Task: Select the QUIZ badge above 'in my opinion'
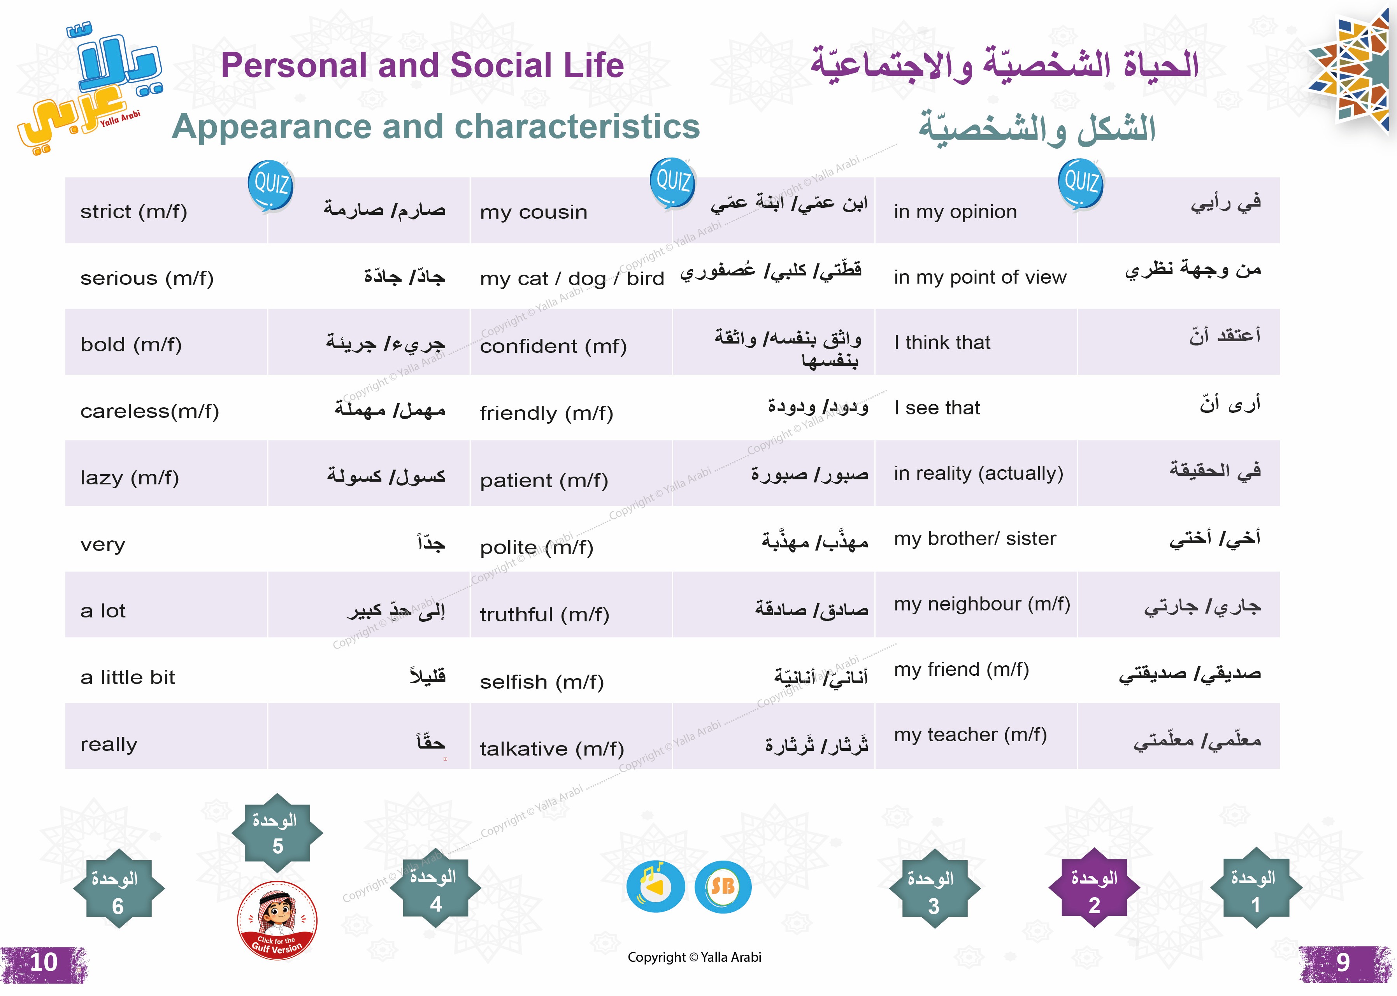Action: (x=1081, y=183)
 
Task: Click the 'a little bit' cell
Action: (x=166, y=670)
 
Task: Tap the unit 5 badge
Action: (x=277, y=833)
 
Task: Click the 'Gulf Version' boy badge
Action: (x=277, y=920)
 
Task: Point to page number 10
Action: (x=44, y=962)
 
